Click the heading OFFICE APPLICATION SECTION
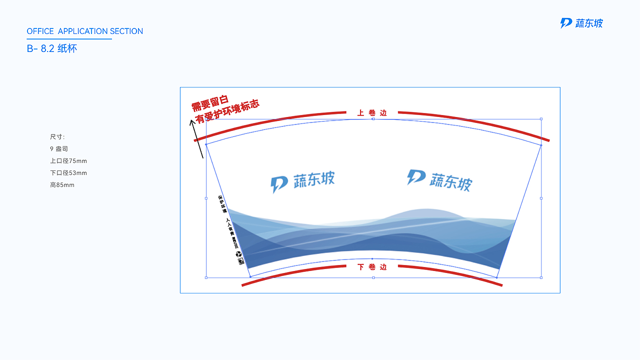(x=85, y=31)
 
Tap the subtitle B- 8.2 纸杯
(x=52, y=49)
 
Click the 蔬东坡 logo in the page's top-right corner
(x=581, y=23)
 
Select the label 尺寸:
(x=57, y=137)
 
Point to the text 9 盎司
(x=59, y=149)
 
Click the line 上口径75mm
(x=68, y=161)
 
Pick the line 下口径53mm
(x=68, y=173)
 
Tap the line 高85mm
(x=62, y=185)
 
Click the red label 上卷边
(x=372, y=113)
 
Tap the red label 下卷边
(x=372, y=267)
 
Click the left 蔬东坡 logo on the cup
(x=303, y=181)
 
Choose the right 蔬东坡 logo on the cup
(x=439, y=180)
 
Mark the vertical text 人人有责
(x=230, y=226)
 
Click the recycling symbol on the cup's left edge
(x=238, y=254)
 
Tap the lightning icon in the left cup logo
(x=278, y=184)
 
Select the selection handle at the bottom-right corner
(x=541, y=277)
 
